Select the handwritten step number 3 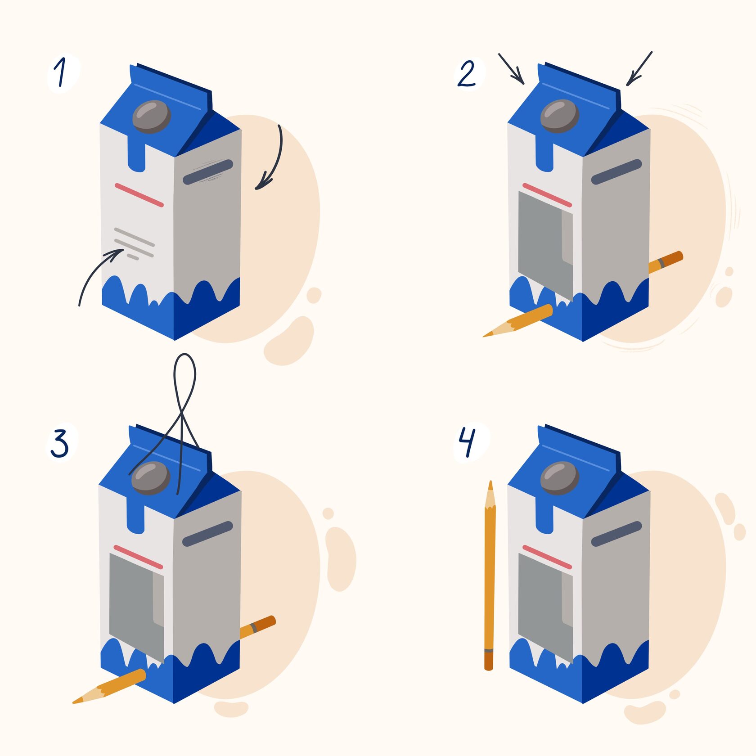59,443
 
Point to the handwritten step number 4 467,442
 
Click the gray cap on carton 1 152,117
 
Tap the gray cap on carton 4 559,478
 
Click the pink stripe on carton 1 139,195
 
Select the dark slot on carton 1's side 208,172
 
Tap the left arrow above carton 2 512,69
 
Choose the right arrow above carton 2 639,68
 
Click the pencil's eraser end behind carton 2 675,258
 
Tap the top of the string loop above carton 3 184,355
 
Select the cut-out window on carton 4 545,607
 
